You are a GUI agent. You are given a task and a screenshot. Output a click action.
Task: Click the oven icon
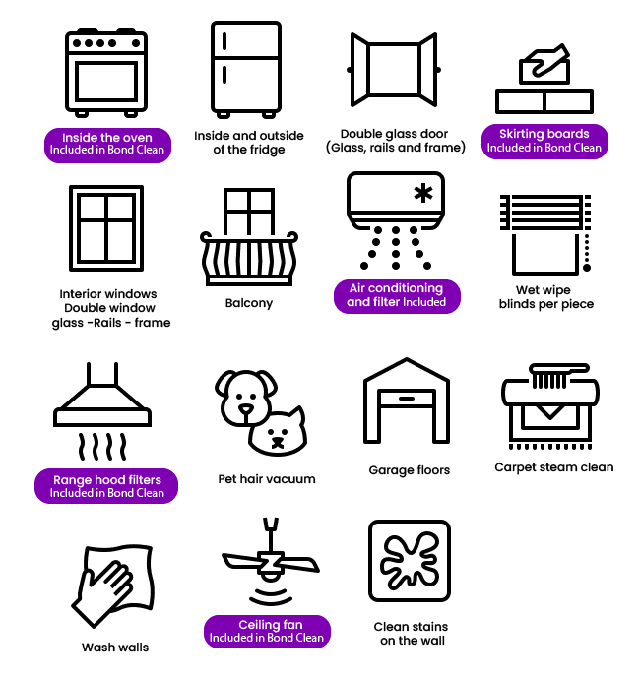coord(106,72)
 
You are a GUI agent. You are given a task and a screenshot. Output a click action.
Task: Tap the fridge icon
coord(246,69)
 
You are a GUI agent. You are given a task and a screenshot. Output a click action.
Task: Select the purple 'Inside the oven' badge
coord(107,145)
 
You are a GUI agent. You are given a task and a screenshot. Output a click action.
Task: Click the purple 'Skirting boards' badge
coord(544,141)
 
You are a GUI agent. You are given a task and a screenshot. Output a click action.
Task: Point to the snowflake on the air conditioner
coord(423,193)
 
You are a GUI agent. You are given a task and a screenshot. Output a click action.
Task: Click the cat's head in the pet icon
coord(279,431)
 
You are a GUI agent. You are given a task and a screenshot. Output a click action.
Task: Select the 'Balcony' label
coord(249,303)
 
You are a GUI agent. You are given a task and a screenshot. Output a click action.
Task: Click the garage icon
coord(407,401)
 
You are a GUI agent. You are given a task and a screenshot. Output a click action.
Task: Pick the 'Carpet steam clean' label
coord(553,467)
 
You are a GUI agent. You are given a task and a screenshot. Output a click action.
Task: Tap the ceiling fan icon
coord(271,561)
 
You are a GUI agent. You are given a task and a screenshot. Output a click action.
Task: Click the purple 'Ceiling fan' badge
coord(267,632)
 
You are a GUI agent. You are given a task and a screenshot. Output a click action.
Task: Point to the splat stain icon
coord(410,561)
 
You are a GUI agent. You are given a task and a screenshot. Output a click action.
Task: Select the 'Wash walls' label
coord(115,648)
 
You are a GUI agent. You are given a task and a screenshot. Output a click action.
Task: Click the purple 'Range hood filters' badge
coord(106,486)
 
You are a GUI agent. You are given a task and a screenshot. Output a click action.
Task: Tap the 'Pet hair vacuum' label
coord(267,479)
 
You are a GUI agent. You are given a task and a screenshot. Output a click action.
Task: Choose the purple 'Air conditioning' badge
coord(397,296)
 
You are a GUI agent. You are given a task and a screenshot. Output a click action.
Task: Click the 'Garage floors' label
coord(409,470)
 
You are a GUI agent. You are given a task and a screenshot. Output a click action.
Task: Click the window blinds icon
coord(545,234)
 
